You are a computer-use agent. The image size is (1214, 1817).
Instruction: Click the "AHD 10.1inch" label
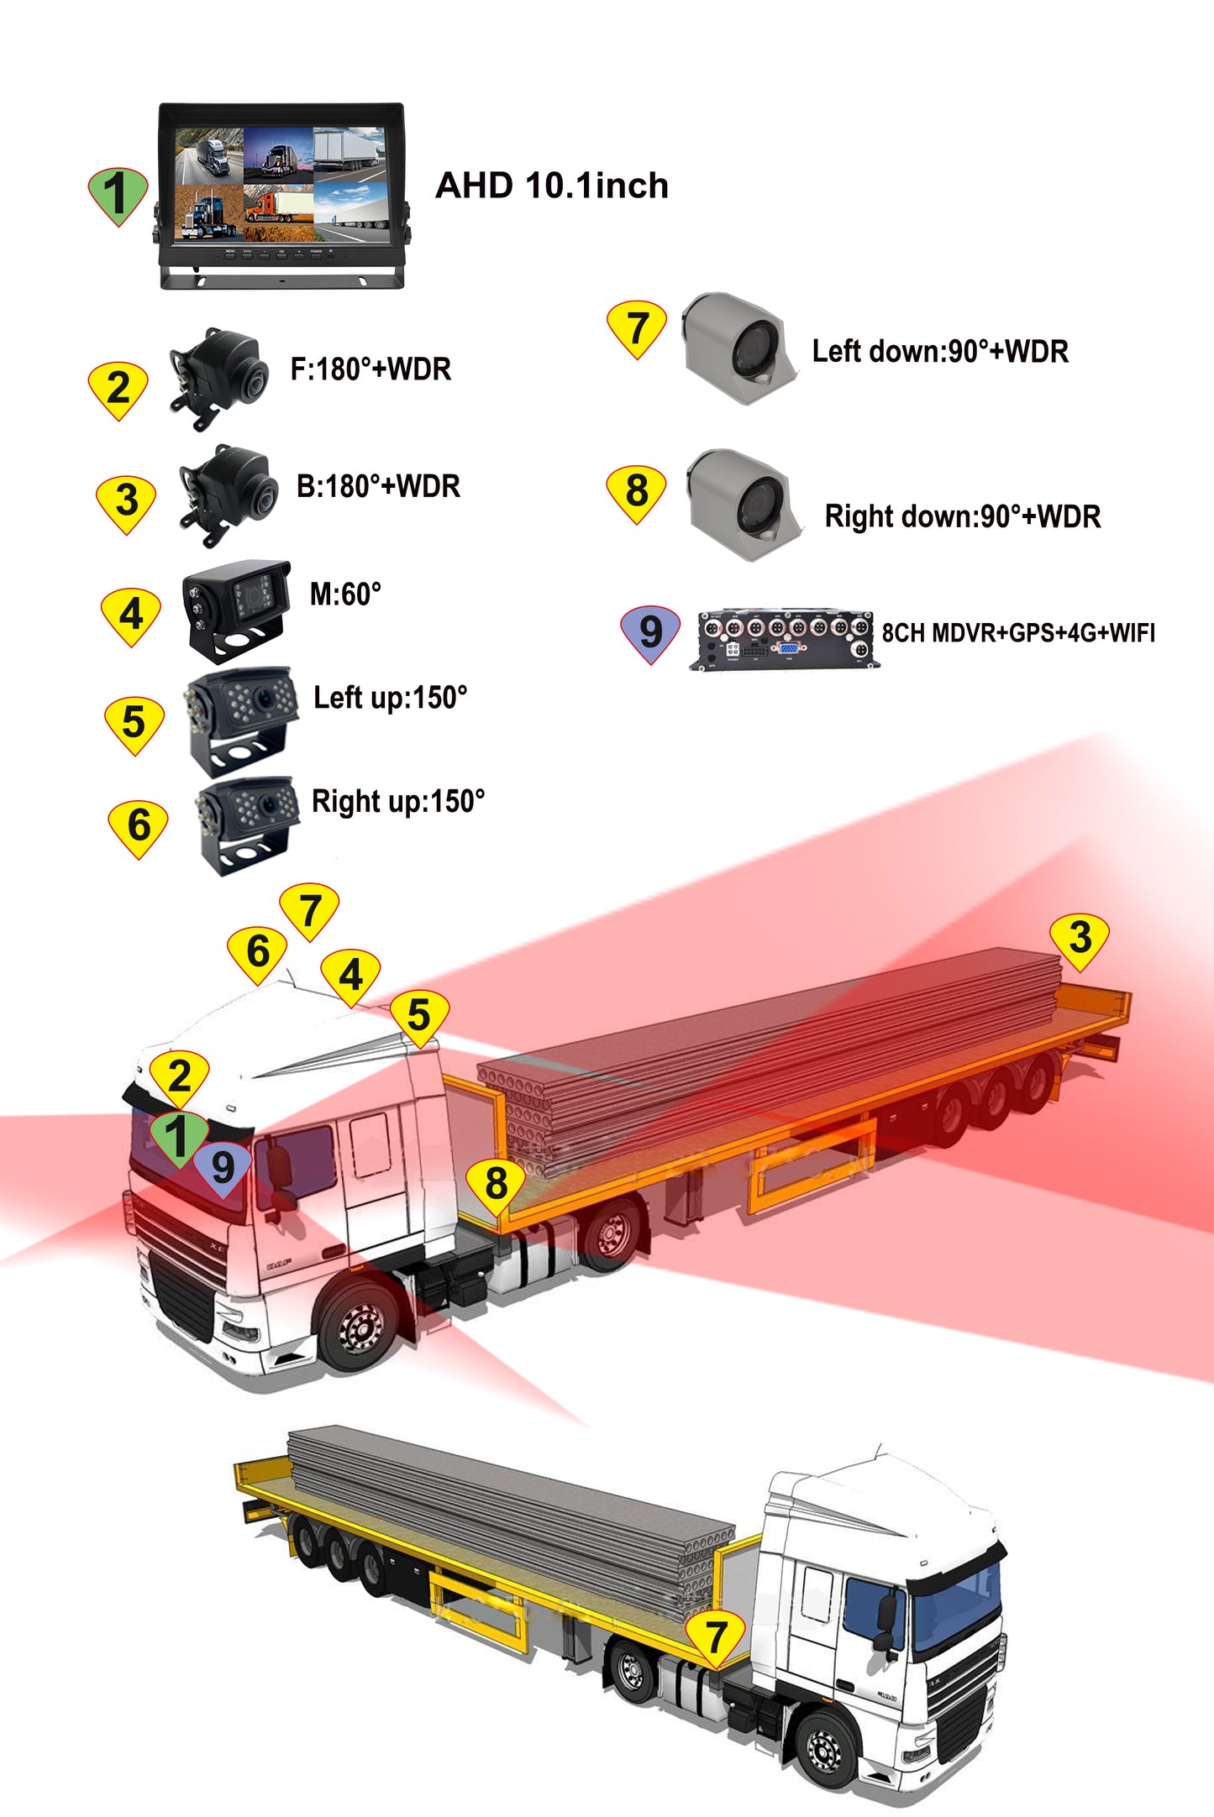point(551,186)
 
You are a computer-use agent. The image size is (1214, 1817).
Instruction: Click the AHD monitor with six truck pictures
point(281,196)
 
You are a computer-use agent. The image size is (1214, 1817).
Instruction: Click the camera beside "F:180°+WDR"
point(220,377)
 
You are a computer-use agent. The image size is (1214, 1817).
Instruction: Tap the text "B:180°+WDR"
point(378,486)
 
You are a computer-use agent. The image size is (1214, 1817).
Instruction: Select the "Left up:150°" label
point(390,698)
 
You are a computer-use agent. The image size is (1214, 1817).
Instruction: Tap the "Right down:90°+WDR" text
point(962,516)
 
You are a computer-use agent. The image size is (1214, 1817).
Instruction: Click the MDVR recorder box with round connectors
point(784,639)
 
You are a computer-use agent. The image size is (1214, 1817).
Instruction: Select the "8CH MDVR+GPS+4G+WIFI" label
point(1018,633)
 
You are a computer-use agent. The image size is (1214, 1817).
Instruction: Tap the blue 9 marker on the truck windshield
point(223,1167)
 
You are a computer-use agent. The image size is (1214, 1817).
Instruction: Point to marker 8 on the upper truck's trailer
point(496,1183)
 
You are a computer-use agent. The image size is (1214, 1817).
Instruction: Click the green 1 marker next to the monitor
point(118,194)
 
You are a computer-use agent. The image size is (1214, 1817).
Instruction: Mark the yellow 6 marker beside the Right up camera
point(138,825)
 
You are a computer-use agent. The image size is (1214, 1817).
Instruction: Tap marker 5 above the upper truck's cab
point(418,1016)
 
